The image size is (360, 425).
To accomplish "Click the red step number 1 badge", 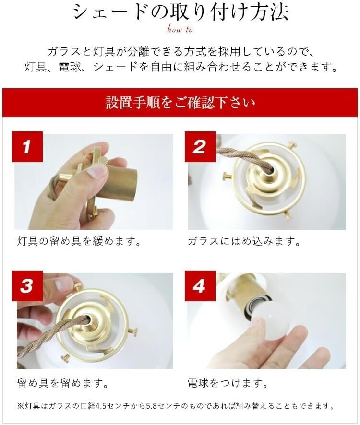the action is [x=27, y=147].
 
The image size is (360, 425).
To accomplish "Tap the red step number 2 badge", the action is [x=200, y=147].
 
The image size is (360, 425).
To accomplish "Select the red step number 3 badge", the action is [x=27, y=286].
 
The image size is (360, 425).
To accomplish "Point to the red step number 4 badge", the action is [x=200, y=286].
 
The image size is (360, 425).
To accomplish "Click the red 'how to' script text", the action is [x=180, y=28].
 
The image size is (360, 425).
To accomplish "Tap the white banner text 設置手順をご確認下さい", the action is [x=180, y=103].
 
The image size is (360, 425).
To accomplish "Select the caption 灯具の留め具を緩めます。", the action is [x=79, y=241].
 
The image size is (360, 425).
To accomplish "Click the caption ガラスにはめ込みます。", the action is [x=244, y=241].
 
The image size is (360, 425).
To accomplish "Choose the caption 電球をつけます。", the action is [x=228, y=383].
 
